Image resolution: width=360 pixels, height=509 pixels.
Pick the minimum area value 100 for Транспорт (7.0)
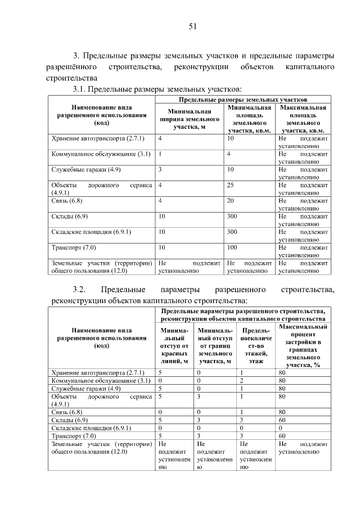232,247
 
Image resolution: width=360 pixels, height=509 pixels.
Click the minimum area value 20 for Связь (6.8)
231,201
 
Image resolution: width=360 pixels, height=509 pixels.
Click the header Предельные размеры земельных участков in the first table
242,99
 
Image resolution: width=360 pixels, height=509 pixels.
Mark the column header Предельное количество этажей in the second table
256,343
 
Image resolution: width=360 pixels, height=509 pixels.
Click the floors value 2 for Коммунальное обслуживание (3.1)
241,381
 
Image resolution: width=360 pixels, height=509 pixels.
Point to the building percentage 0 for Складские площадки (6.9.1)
281,428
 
